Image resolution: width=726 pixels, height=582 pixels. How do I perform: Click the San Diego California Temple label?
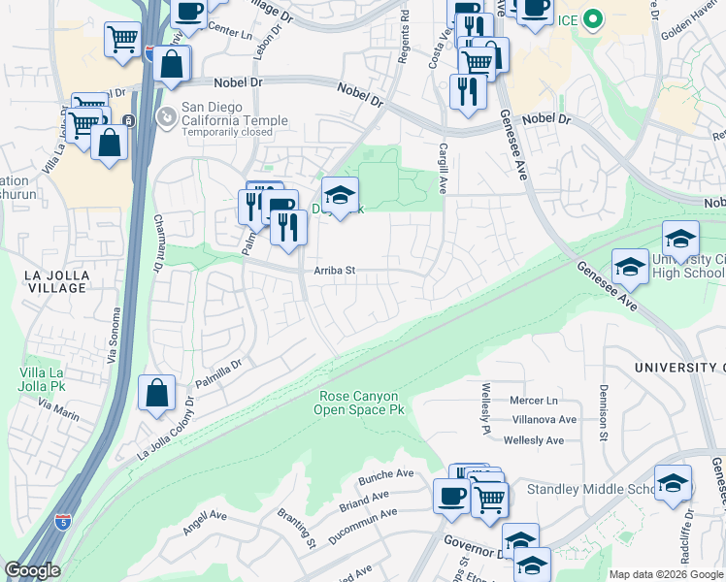click(235, 120)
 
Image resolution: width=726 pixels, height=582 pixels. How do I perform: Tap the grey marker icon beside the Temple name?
click(167, 117)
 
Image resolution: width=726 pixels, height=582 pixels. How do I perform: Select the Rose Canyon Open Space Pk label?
click(359, 403)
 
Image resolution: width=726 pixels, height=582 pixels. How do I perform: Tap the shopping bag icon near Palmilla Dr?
click(156, 394)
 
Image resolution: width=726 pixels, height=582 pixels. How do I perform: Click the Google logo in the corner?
click(31, 571)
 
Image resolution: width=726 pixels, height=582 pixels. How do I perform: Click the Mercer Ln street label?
click(538, 400)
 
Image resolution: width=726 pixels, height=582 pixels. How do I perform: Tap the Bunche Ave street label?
click(385, 473)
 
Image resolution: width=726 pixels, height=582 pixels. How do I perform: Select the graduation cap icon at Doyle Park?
click(340, 195)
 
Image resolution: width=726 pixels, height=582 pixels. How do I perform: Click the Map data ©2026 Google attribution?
click(665, 574)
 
